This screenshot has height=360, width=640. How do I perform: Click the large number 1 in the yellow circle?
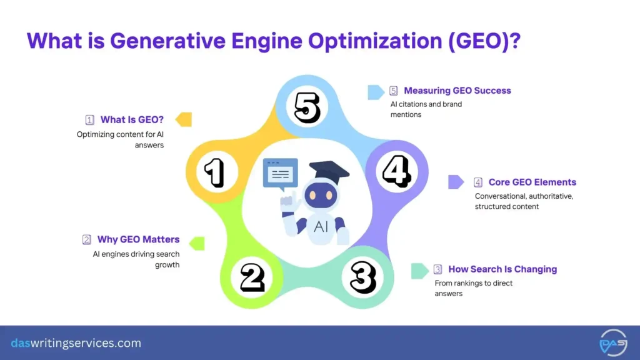[214, 172]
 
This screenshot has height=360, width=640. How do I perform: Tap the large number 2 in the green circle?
[252, 277]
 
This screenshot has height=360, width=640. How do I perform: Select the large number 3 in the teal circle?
[362, 277]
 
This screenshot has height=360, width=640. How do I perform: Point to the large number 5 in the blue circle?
[307, 107]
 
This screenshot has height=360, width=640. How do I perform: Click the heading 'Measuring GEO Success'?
[457, 91]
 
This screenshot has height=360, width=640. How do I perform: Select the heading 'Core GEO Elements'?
[532, 182]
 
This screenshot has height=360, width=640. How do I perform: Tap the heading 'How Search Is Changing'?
[502, 269]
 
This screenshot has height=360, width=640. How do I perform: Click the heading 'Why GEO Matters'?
[138, 239]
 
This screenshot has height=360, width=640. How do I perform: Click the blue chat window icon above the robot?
[280, 173]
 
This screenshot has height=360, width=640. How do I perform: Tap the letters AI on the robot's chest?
[321, 227]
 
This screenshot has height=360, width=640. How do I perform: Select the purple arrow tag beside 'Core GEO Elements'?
[456, 182]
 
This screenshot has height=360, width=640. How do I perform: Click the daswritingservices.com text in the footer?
[76, 343]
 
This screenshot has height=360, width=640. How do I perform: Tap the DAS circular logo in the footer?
[613, 342]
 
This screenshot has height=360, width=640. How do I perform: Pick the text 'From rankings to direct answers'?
[473, 288]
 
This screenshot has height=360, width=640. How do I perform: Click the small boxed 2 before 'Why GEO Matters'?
[87, 239]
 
